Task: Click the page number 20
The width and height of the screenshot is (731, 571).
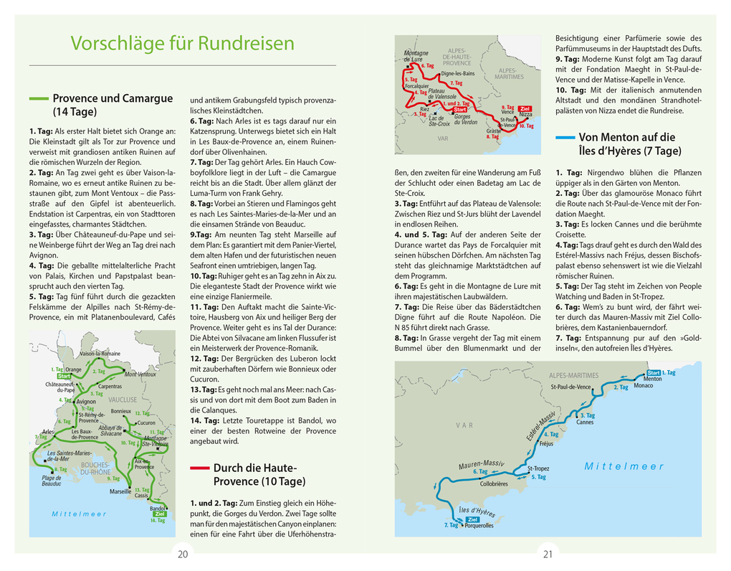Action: [183, 553]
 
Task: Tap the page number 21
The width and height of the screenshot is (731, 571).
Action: [548, 553]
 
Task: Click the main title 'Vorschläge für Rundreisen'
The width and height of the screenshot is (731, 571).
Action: [182, 43]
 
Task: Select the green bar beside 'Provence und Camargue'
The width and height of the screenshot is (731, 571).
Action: [39, 98]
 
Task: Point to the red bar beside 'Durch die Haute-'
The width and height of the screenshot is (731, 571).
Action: [199, 468]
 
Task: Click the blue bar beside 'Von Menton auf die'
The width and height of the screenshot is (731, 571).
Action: [565, 137]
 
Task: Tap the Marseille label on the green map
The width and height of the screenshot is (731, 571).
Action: [120, 492]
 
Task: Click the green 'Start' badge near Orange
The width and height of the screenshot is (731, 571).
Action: [64, 376]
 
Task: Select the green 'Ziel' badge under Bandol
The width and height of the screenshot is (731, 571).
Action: [160, 514]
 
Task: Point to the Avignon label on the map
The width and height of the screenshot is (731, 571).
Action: [85, 402]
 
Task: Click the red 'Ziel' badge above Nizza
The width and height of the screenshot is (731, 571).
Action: [525, 108]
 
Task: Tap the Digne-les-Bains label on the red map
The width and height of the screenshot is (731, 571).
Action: [458, 73]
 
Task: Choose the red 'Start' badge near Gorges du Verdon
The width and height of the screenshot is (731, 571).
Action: [459, 110]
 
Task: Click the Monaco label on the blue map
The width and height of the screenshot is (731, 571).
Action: [644, 386]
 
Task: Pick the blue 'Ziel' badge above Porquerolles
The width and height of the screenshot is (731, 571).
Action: [472, 519]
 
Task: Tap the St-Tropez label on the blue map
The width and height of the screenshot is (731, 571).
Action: [538, 468]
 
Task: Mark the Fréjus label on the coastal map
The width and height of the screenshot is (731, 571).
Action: [546, 443]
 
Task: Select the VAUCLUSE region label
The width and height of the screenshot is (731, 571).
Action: [123, 400]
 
